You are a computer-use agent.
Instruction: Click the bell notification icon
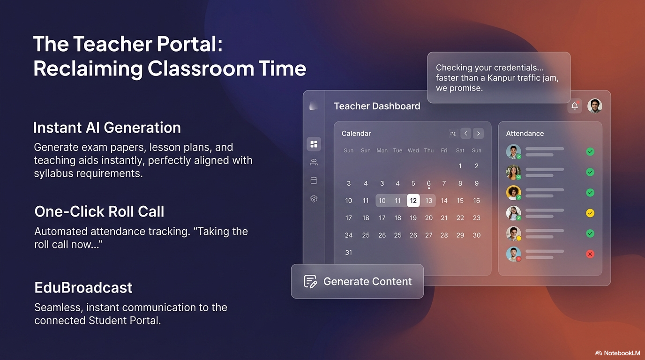[575, 106]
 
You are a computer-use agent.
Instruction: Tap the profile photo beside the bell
[595, 106]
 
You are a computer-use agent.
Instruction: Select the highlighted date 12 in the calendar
[413, 201]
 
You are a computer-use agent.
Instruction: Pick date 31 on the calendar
[348, 253]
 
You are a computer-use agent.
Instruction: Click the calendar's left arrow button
[465, 134]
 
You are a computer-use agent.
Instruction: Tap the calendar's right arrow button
[478, 134]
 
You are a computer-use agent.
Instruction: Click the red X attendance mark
[590, 254]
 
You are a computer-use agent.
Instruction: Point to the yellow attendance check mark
[590, 213]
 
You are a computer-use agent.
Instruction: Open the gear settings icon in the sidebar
[314, 199]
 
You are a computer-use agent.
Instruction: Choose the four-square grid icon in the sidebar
[314, 144]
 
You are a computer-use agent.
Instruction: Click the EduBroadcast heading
[83, 287]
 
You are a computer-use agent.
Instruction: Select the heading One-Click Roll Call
[99, 211]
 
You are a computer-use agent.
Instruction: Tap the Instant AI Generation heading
[107, 127]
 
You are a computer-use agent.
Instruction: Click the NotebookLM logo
[617, 353]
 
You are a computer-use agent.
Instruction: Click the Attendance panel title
[525, 134]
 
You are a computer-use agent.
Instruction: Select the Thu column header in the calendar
[428, 150]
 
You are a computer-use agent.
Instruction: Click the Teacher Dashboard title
[377, 106]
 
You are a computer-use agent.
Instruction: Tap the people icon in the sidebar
[314, 162]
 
